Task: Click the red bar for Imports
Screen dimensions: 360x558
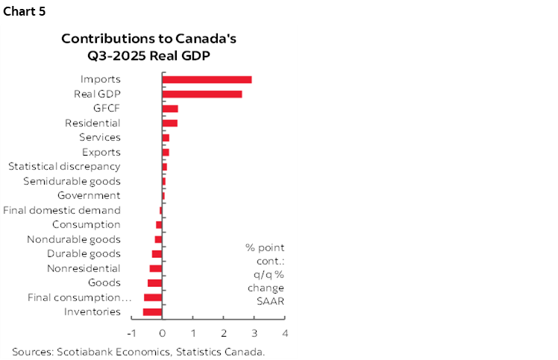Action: (x=207, y=79)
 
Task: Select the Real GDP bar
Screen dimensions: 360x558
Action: (x=201, y=94)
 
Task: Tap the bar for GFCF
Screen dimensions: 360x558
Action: (x=170, y=108)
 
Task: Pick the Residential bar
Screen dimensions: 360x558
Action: (x=170, y=123)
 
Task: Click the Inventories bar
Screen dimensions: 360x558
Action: (x=152, y=312)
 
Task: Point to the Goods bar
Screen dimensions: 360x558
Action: (x=154, y=282)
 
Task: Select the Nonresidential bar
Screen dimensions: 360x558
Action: (x=155, y=268)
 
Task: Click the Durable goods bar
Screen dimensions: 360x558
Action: (x=157, y=253)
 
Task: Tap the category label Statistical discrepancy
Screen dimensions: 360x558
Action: (x=64, y=166)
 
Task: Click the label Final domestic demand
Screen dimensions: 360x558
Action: (x=62, y=210)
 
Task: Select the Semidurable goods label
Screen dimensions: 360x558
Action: (x=72, y=181)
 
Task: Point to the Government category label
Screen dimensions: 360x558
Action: (x=89, y=195)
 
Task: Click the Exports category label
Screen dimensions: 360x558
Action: (x=101, y=152)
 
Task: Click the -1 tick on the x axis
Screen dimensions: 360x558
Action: (x=131, y=332)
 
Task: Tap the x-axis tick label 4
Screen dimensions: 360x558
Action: (x=285, y=332)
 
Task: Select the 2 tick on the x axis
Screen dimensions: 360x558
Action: (x=224, y=332)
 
